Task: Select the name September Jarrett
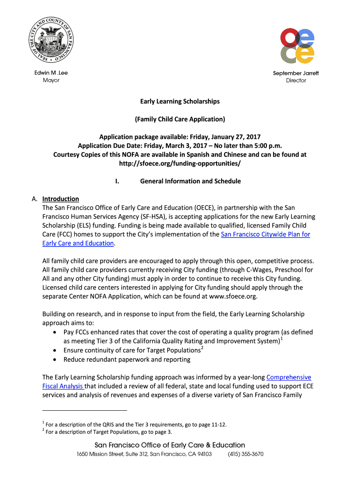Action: [296, 73]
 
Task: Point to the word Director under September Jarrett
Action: [296, 80]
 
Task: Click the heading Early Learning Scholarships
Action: [180, 101]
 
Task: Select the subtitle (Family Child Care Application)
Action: [180, 119]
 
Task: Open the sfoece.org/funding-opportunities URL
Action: [180, 163]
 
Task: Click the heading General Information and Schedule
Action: [190, 181]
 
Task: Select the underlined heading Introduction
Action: [60, 199]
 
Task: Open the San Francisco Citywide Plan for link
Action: [265, 234]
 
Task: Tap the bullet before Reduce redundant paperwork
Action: [56, 359]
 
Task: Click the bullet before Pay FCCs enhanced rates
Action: [56, 332]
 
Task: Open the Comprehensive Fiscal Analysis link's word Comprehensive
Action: [288, 377]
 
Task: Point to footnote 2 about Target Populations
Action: [107, 432]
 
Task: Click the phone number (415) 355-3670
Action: [245, 454]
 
